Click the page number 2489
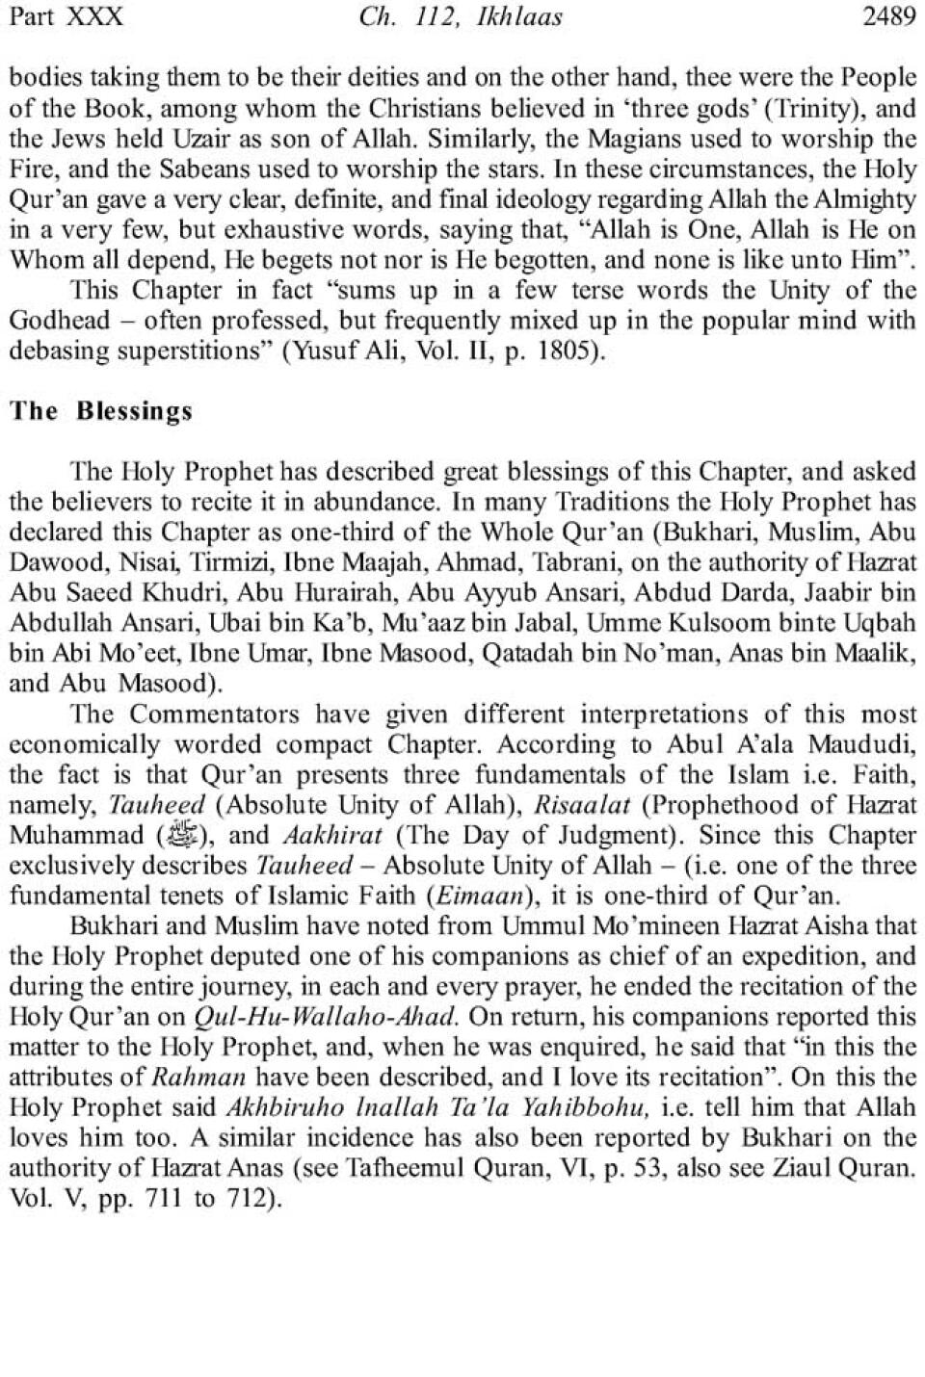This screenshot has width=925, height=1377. pos(888,17)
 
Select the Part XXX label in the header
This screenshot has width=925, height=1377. pos(66,17)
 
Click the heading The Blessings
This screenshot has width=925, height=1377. pos(101,411)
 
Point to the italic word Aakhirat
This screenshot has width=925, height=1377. pos(332,835)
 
